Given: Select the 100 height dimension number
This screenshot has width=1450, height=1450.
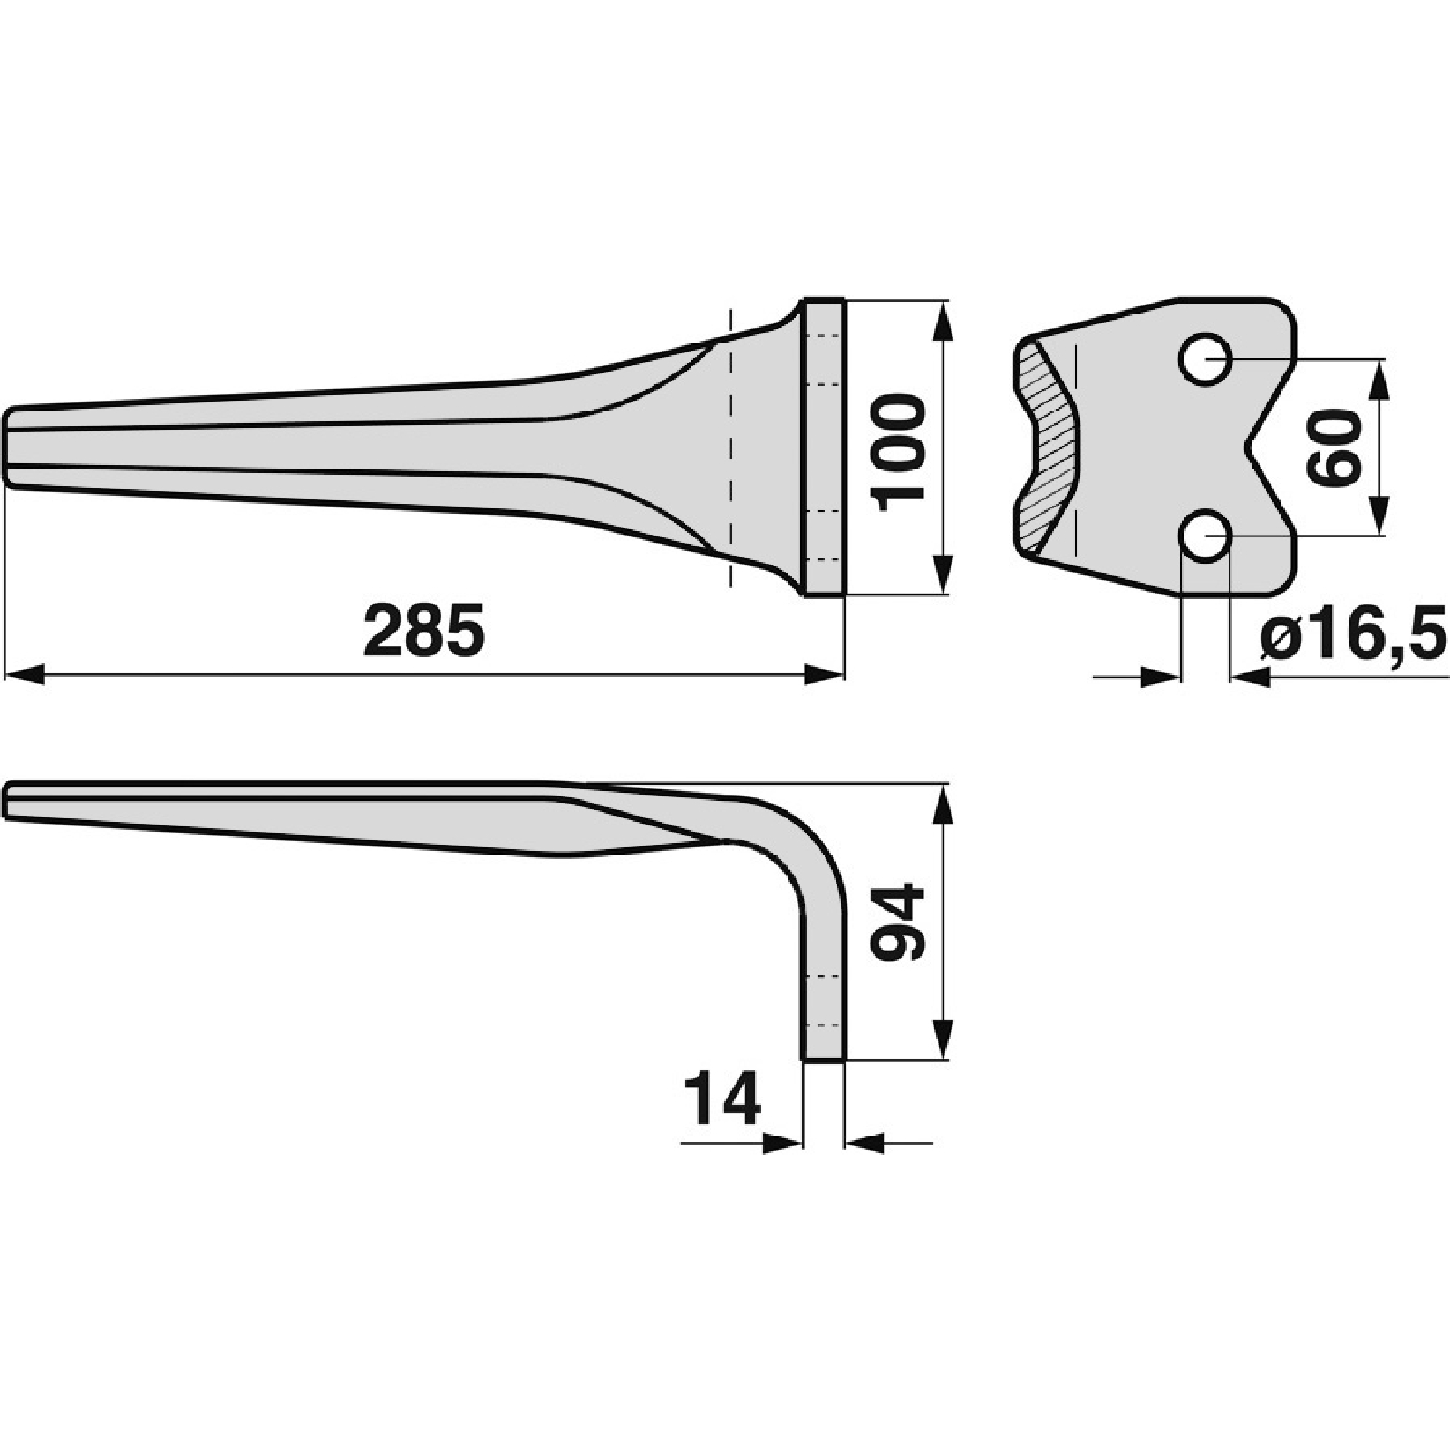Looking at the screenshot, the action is click(x=897, y=452).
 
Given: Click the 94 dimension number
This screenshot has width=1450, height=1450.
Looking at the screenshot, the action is click(x=897, y=922).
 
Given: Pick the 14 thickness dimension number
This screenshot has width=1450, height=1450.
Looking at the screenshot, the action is click(x=722, y=1097).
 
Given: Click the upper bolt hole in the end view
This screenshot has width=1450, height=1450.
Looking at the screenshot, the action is click(x=1205, y=360).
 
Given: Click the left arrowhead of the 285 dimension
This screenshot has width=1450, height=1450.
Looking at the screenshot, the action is click(x=24, y=674).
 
